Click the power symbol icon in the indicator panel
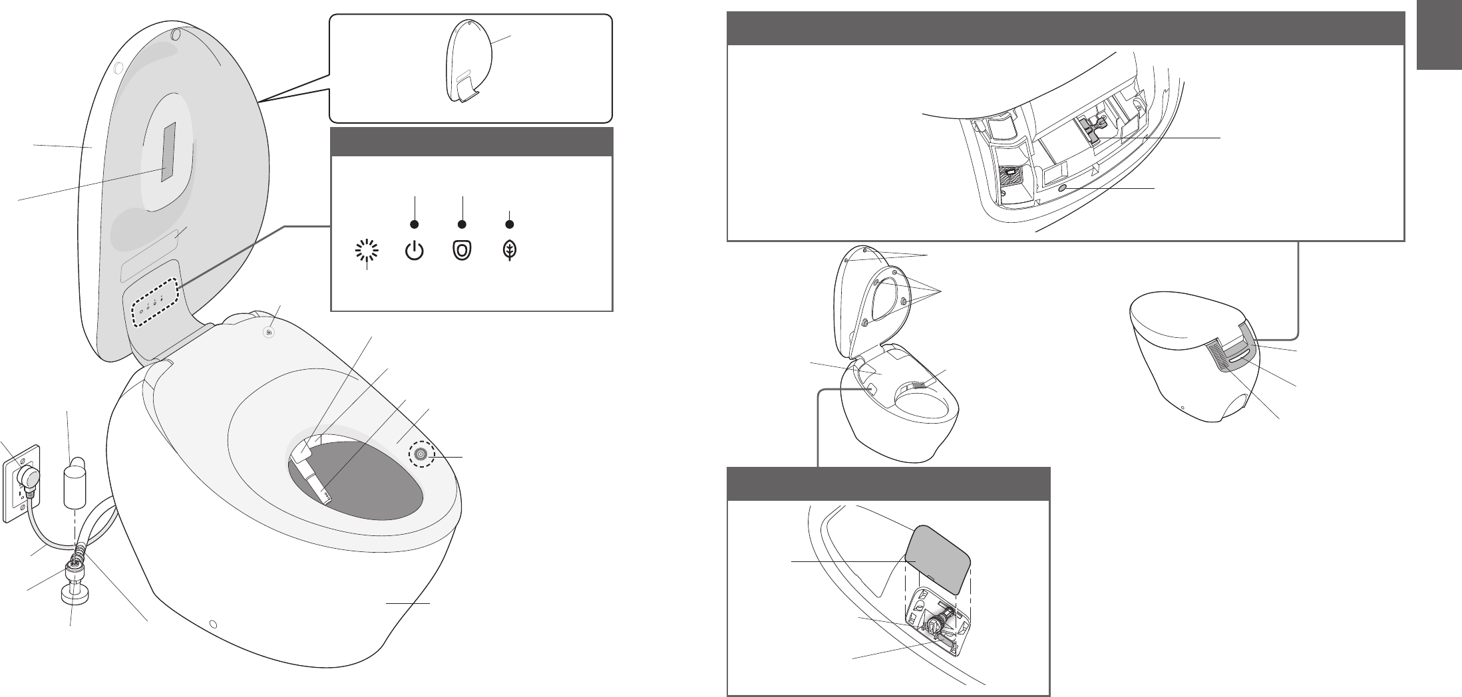[x=414, y=251]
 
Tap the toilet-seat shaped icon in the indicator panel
[x=462, y=251]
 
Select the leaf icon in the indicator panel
[x=510, y=251]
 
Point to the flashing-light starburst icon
[x=366, y=251]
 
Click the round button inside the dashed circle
[x=421, y=455]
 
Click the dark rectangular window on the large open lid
[x=168, y=152]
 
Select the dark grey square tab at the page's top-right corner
[x=1439, y=35]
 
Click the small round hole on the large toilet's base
[x=212, y=625]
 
